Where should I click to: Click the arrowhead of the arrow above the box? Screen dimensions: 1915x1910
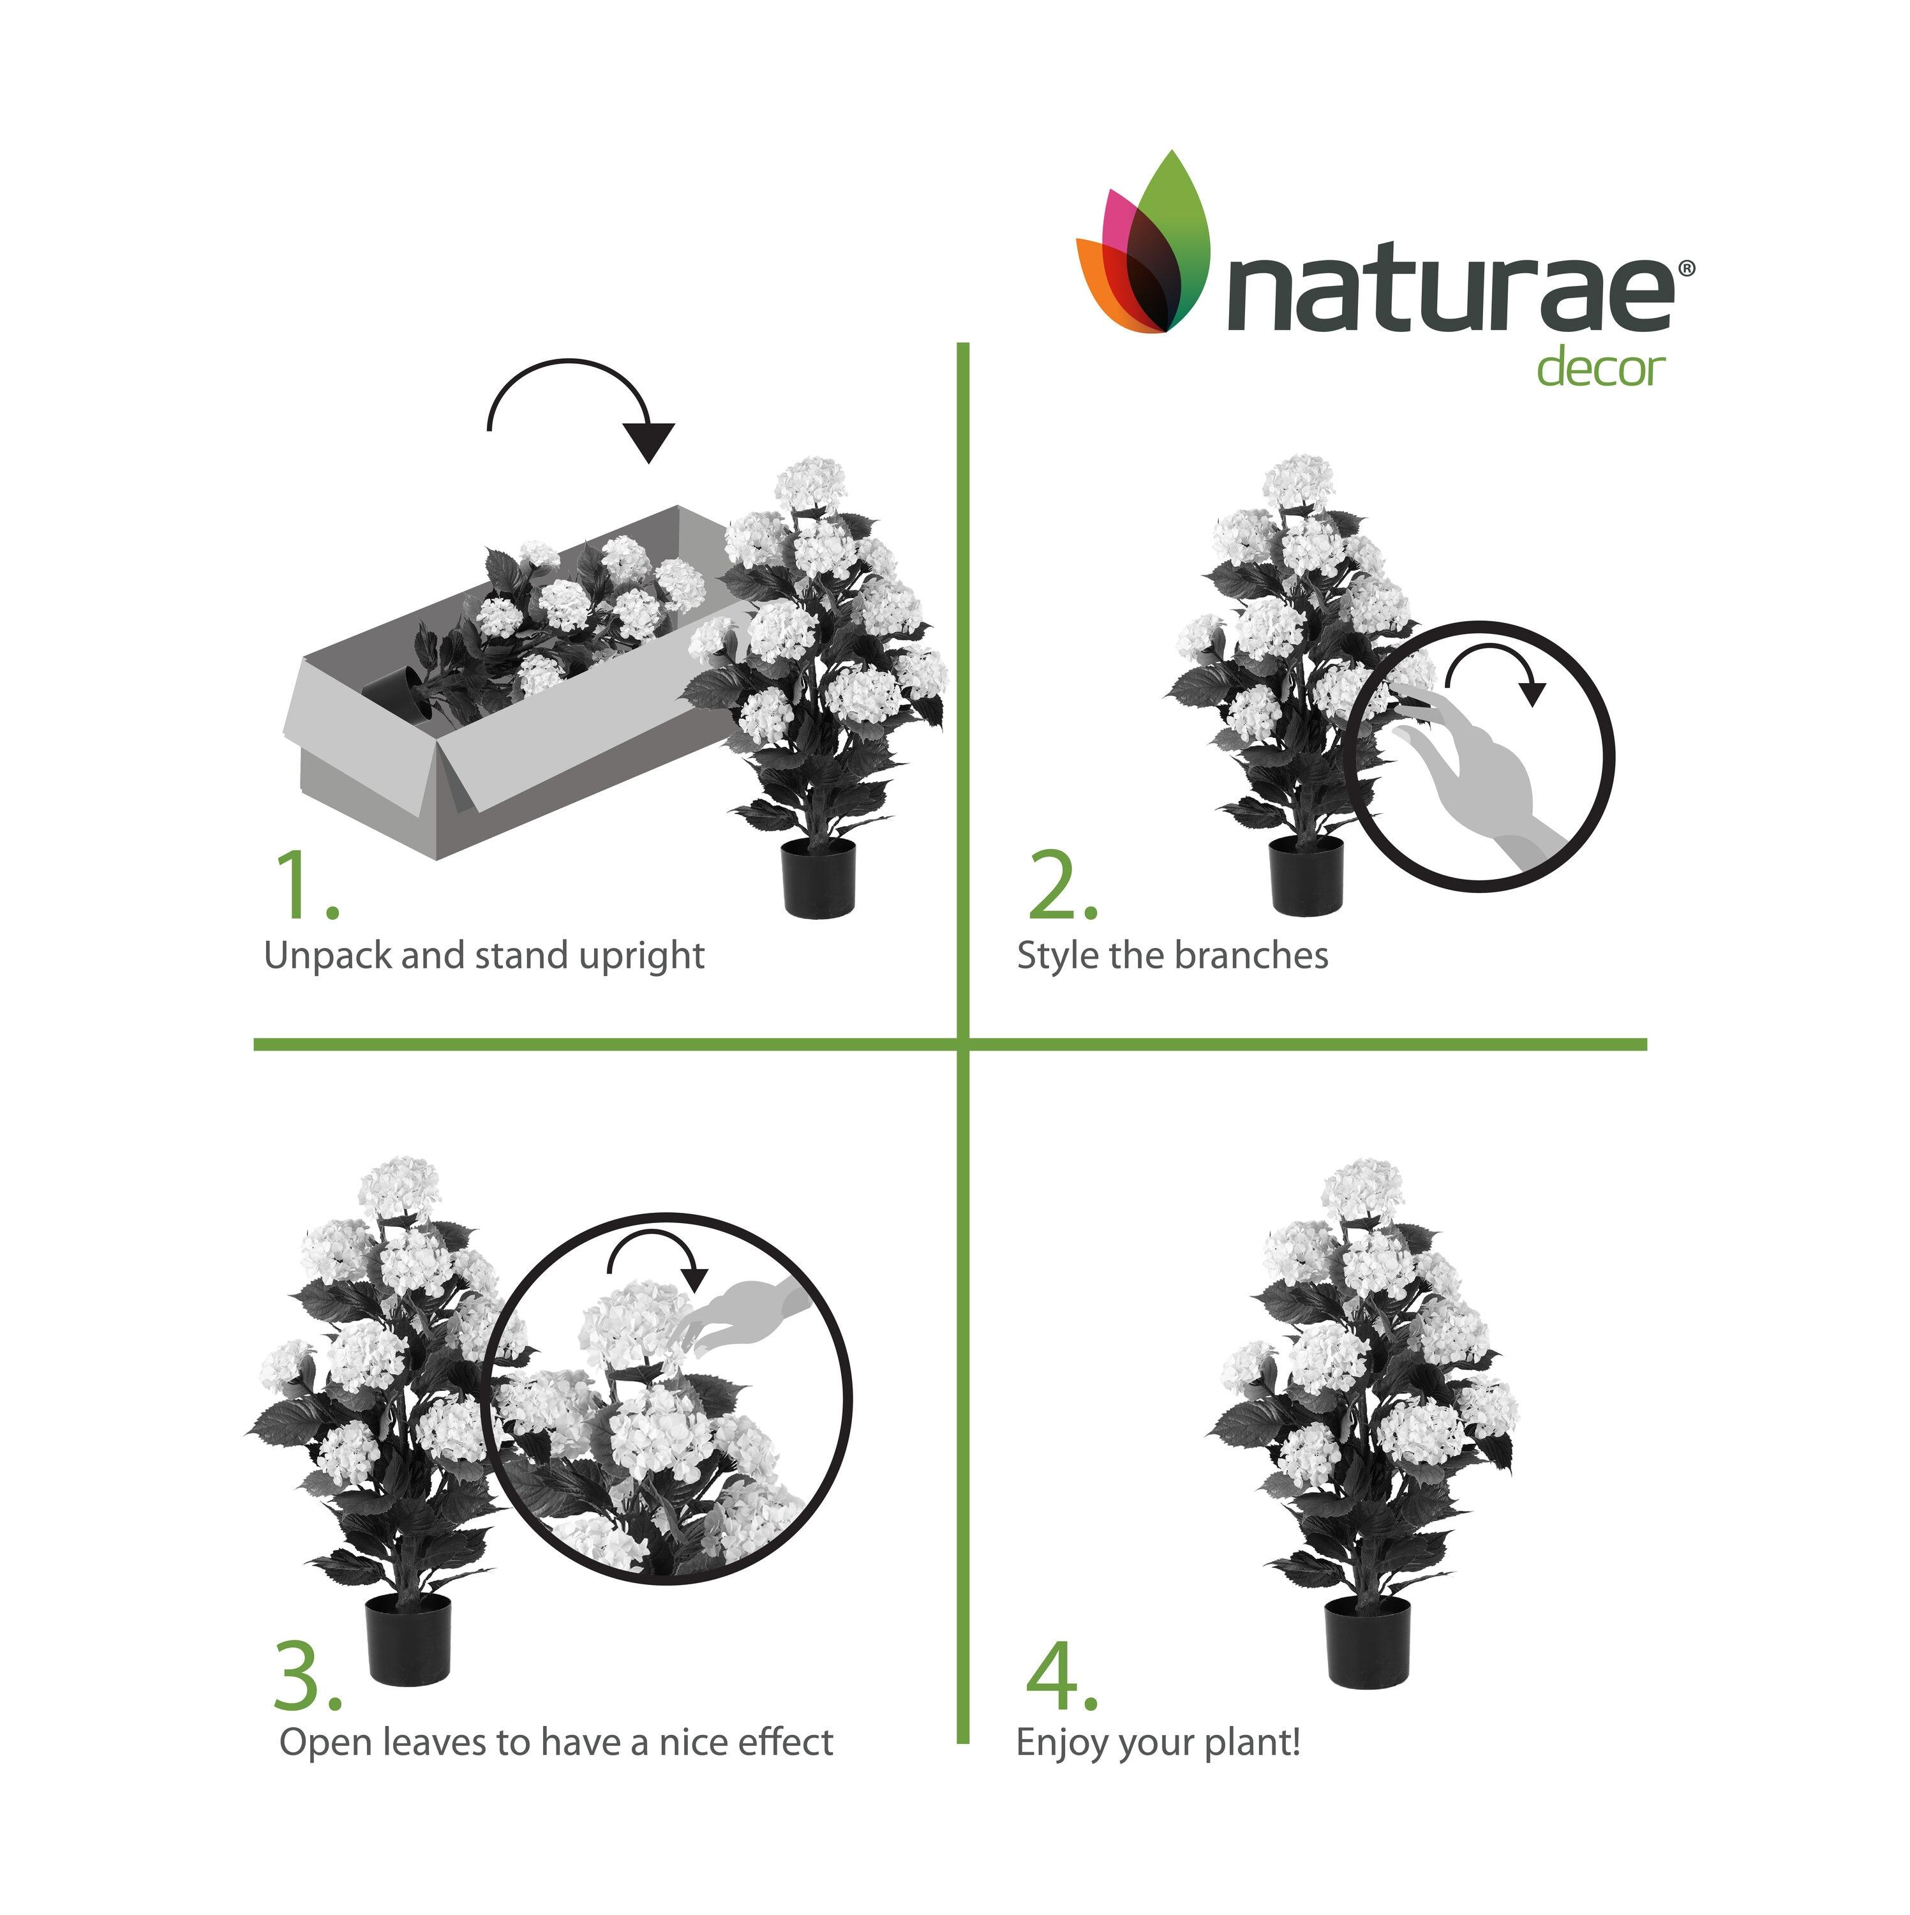(x=649, y=441)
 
